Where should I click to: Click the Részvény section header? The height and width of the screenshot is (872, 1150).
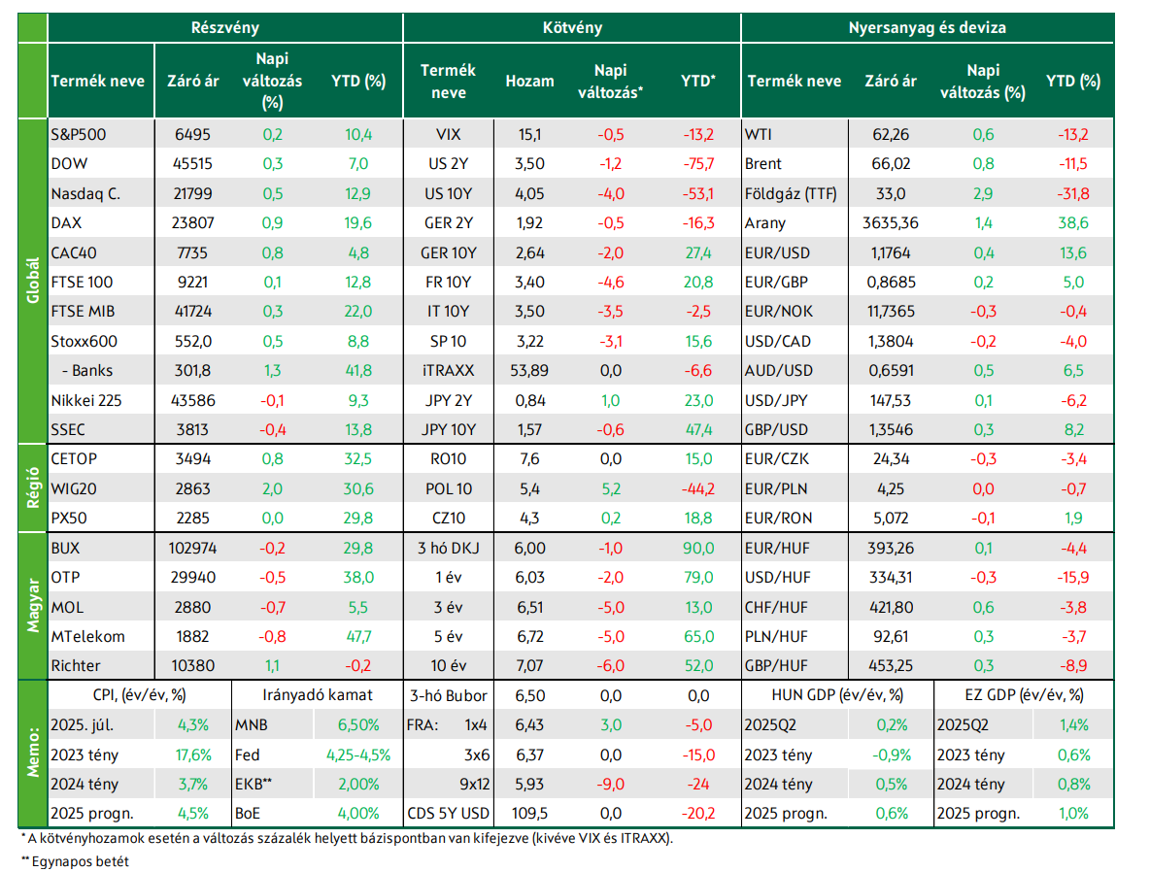224,28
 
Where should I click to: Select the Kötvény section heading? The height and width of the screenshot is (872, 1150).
572,28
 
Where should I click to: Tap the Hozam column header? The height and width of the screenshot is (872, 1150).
529,82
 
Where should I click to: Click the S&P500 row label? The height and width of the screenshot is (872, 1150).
79,135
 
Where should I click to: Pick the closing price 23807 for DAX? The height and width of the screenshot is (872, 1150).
193,223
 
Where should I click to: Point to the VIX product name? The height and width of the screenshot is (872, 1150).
448,135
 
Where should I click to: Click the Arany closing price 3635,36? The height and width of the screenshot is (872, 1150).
891,223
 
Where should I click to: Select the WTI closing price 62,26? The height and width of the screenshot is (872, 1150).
891,135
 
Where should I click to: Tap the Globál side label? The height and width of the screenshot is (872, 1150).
33,281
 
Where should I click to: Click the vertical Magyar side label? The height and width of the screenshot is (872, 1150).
33,605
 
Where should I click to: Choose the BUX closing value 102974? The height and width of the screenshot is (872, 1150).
193,549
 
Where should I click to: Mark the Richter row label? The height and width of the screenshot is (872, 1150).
76,666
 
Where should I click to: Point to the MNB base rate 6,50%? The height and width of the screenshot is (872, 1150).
358,725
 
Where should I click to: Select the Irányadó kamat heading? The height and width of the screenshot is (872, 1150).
317,695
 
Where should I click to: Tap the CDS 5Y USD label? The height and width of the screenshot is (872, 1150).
448,814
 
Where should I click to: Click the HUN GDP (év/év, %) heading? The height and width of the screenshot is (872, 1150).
837,695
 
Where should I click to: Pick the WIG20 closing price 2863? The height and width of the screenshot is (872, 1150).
193,489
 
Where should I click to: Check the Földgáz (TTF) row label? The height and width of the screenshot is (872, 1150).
791,194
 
